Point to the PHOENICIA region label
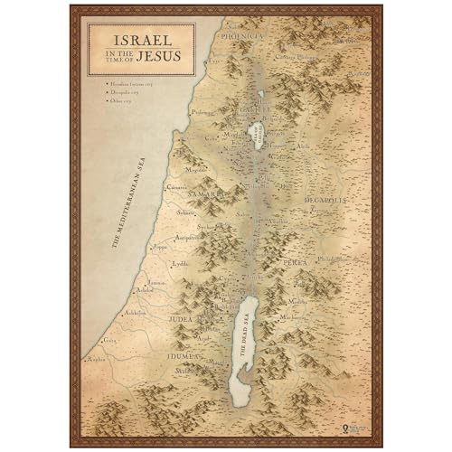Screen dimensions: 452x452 (239, 36)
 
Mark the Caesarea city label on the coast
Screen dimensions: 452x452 (177, 187)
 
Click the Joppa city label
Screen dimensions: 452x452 (160, 245)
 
